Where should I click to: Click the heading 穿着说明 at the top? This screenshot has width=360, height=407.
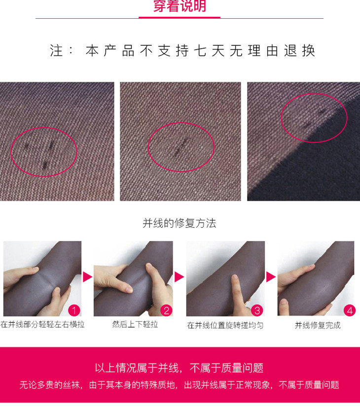coord(180,6)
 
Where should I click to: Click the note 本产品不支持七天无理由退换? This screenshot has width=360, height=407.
coord(201,50)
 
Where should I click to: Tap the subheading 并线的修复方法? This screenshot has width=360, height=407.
coord(179,223)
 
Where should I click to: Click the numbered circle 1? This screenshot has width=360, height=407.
coord(74,310)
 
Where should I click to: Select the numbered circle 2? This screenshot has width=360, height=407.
coord(167,310)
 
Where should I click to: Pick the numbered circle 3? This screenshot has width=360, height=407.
coord(257,310)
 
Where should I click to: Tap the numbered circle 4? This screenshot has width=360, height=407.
coord(350,310)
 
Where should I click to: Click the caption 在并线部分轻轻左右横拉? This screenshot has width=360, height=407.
coord(42,324)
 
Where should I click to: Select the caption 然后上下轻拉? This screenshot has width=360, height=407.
coord(135,324)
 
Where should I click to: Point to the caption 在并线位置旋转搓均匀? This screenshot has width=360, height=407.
coord(225,325)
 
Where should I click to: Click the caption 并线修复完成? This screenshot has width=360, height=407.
coord(318,325)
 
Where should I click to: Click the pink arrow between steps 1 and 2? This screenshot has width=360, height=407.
coord(87,277)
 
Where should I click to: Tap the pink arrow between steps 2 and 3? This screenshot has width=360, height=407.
coord(179,277)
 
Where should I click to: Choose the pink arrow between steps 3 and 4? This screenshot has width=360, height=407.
coord(271,277)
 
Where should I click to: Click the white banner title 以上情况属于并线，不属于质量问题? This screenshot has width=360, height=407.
coord(179,368)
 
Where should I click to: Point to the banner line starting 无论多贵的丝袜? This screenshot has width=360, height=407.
coord(179,385)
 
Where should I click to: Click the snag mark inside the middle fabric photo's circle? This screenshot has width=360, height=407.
coord(180,147)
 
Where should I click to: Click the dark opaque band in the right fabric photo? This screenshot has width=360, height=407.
coord(312,166)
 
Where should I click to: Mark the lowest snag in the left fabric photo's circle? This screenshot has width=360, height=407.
coord(45,165)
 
